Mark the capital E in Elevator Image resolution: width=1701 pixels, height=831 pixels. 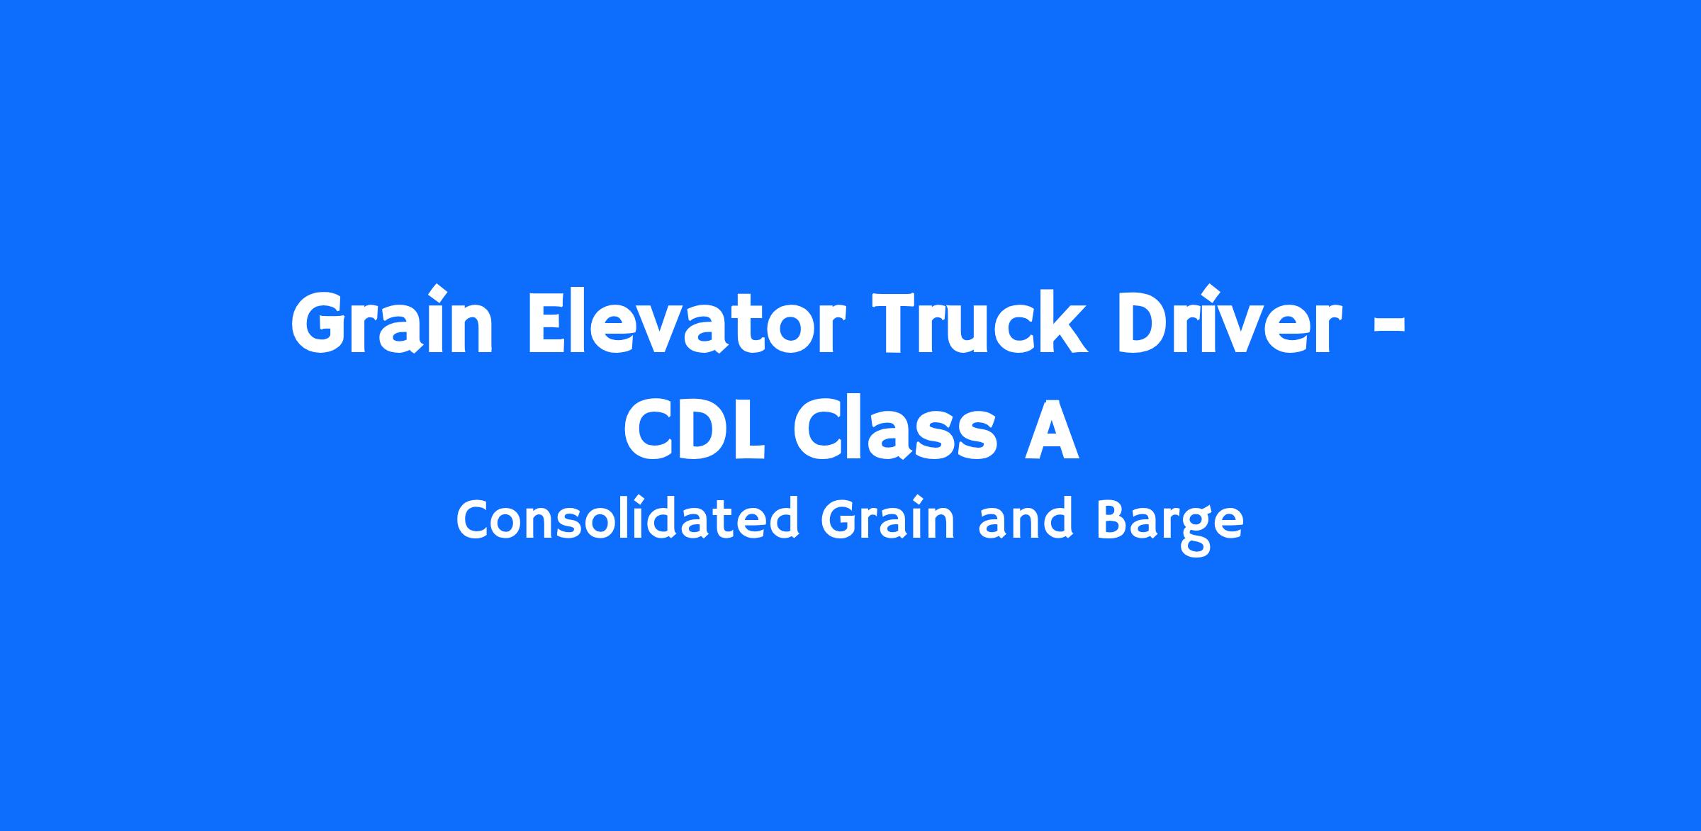point(551,322)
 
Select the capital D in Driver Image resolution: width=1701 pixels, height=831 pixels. point(1150,322)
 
